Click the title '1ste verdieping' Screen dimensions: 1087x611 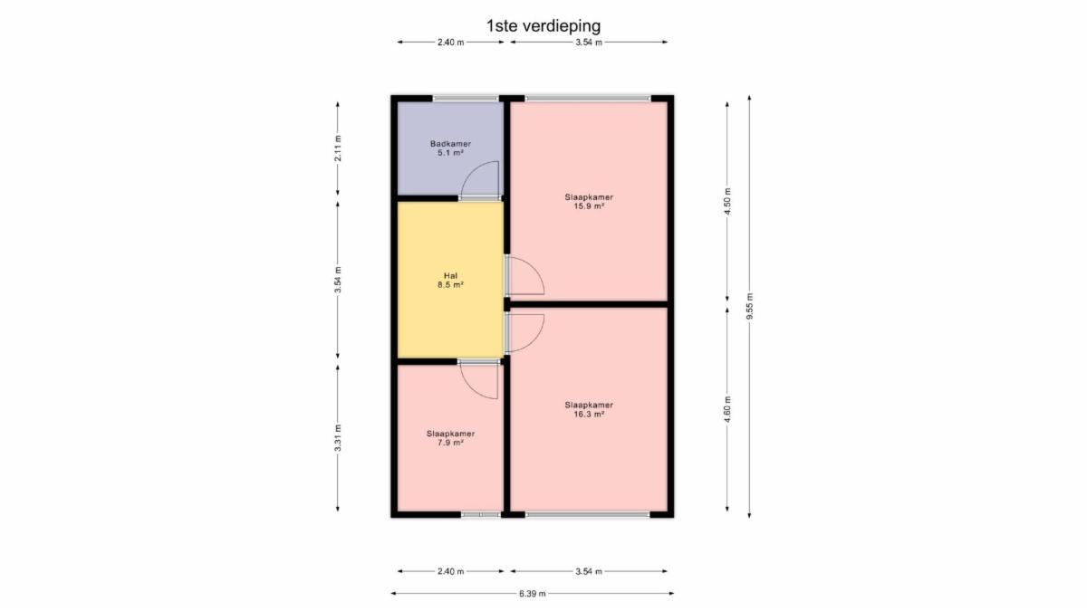tap(543, 26)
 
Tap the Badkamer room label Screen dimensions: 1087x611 tap(450, 144)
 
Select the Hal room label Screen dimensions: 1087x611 tap(450, 276)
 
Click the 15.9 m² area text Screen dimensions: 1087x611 tap(589, 206)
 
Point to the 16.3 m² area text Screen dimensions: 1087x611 tap(589, 415)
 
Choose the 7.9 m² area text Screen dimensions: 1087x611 tap(450, 443)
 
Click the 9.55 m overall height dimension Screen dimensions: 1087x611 tap(749, 307)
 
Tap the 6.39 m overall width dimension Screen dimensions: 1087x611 tap(533, 594)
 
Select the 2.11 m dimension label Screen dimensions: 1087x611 tap(338, 148)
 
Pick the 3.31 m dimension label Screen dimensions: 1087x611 tap(338, 438)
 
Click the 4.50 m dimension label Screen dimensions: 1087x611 tap(726, 201)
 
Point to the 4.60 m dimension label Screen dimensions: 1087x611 tap(726, 410)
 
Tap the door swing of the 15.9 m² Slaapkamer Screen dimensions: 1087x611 tap(534, 267)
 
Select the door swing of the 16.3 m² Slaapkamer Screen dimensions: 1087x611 tap(534, 342)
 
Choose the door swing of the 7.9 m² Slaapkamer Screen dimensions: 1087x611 tap(471, 389)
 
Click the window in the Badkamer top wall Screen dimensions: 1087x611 tap(466, 99)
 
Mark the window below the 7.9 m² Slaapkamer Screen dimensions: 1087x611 tap(480, 514)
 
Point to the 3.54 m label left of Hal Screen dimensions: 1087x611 tap(338, 280)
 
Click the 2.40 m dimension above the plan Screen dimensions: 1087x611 tap(451, 43)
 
